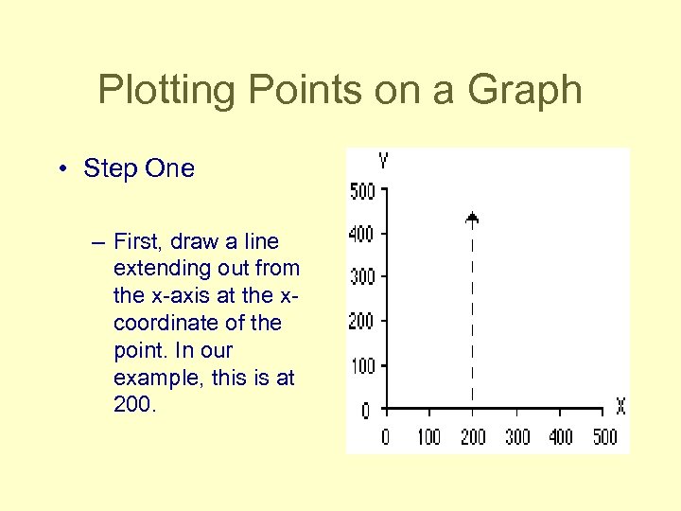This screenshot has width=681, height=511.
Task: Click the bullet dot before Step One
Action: [60, 169]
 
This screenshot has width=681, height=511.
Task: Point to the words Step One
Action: [139, 168]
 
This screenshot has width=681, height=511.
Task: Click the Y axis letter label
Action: [382, 161]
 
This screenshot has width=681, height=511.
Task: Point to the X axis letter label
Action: [620, 407]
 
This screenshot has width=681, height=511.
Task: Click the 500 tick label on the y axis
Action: [362, 191]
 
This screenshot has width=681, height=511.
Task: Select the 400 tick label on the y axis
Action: [362, 234]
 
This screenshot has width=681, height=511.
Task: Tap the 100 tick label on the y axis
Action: [362, 366]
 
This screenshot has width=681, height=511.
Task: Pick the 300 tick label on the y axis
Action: [362, 277]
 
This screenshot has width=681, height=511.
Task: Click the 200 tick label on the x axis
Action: [473, 436]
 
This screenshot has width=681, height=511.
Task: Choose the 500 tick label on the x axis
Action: [604, 436]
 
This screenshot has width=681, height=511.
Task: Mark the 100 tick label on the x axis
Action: [428, 436]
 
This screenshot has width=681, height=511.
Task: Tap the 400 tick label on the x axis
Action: [561, 436]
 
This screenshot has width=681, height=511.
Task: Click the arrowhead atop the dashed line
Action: [472, 219]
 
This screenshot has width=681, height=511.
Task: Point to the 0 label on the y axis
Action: [366, 411]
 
